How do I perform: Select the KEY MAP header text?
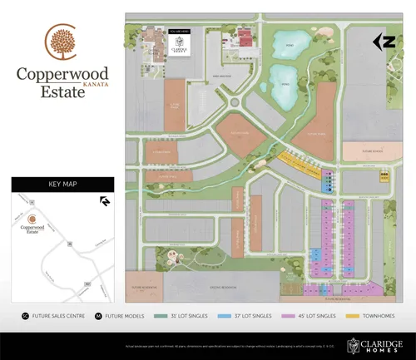click(62, 185)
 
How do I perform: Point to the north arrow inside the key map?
click(105, 200)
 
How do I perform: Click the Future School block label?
click(366, 150)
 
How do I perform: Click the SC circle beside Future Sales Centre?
click(25, 317)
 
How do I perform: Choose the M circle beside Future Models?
click(99, 317)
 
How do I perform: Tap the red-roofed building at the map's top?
click(245, 36)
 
